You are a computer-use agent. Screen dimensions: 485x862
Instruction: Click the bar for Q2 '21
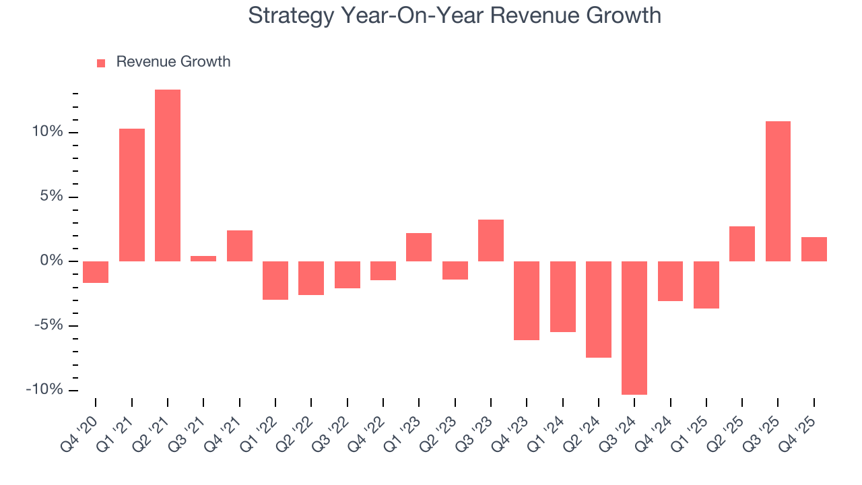(x=168, y=175)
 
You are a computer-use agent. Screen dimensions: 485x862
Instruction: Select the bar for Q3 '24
(x=634, y=328)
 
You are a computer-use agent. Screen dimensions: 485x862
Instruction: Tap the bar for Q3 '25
(x=778, y=191)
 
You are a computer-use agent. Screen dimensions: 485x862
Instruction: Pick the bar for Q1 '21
(x=132, y=195)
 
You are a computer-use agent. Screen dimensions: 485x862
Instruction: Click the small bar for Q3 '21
(x=203, y=259)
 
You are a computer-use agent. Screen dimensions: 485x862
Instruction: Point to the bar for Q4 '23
(x=527, y=300)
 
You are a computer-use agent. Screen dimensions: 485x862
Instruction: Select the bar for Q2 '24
(x=599, y=309)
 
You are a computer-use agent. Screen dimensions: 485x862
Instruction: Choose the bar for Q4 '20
(x=96, y=272)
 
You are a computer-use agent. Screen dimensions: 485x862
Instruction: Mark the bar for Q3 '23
(x=491, y=240)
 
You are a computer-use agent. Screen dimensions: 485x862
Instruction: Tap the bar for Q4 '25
(x=814, y=249)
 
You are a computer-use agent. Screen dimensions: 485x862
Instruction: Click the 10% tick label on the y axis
(x=47, y=132)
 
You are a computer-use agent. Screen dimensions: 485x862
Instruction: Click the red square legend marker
(x=101, y=63)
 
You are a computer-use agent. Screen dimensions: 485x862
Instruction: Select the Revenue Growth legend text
(x=173, y=62)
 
